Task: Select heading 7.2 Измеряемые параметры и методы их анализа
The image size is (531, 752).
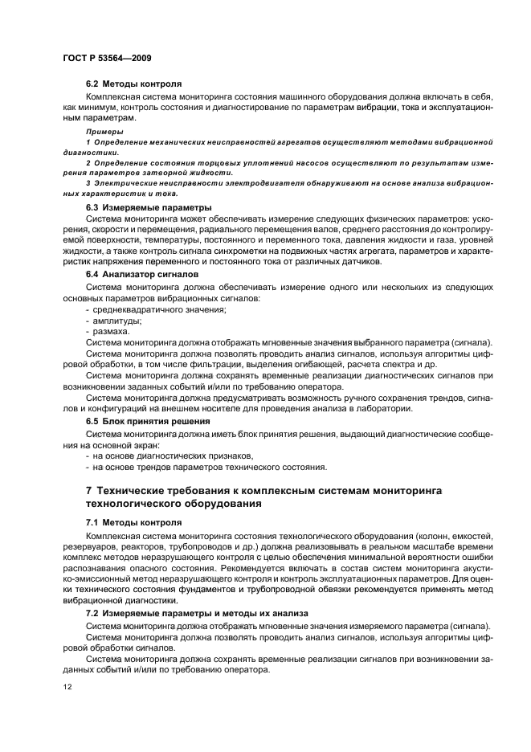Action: [186, 614]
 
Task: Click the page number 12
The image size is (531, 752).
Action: [68, 687]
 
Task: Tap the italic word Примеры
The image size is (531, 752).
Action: [105, 129]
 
